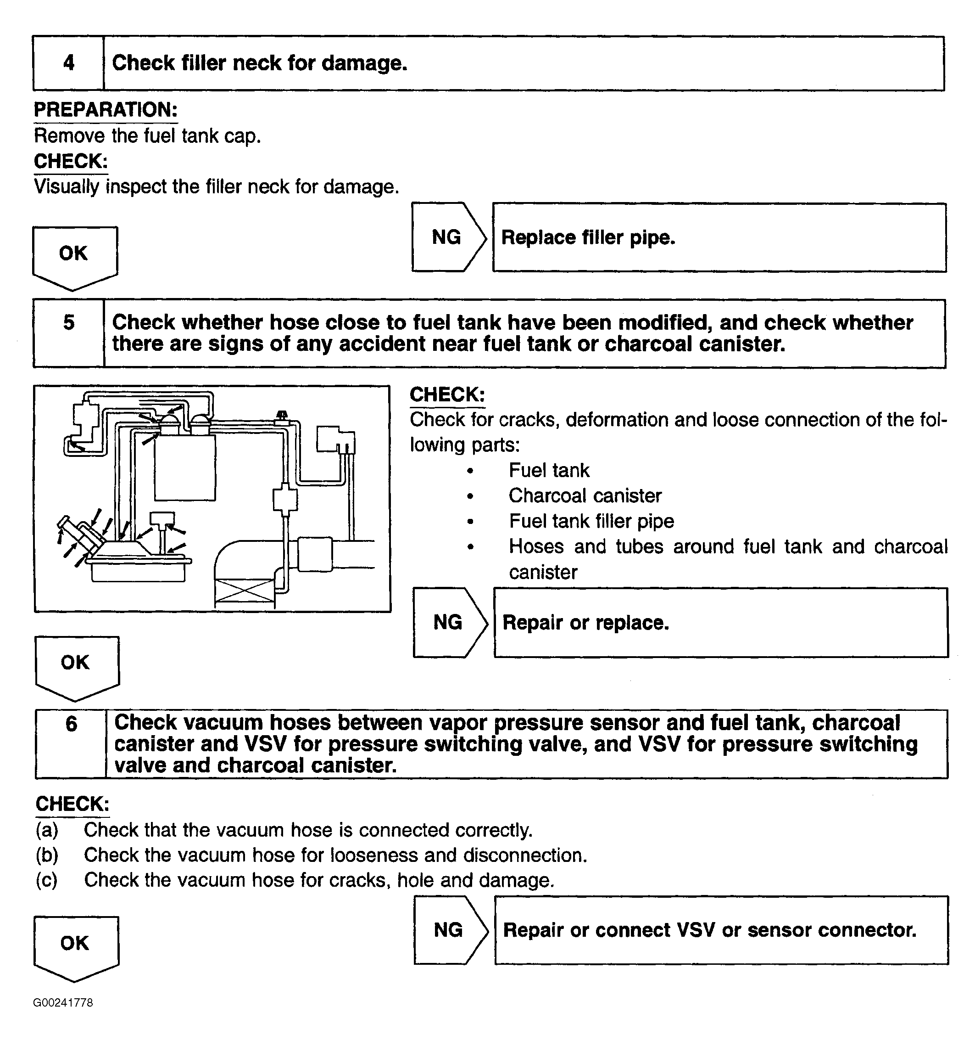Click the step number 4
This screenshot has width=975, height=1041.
coord(68,63)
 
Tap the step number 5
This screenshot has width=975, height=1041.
coord(68,322)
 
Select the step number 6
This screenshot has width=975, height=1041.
coord(71,724)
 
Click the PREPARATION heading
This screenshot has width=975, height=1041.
coord(106,110)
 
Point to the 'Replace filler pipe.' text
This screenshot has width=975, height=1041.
coord(588,238)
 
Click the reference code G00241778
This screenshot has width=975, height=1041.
coord(63,1003)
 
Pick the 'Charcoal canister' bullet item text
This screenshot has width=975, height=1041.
coord(585,496)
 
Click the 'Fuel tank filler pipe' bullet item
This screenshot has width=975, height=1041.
coord(591,522)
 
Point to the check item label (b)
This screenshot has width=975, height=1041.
coord(47,855)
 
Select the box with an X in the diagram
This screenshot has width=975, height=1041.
coord(244,591)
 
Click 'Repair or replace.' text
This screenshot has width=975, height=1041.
coord(585,623)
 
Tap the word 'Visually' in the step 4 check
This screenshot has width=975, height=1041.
coord(67,187)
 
